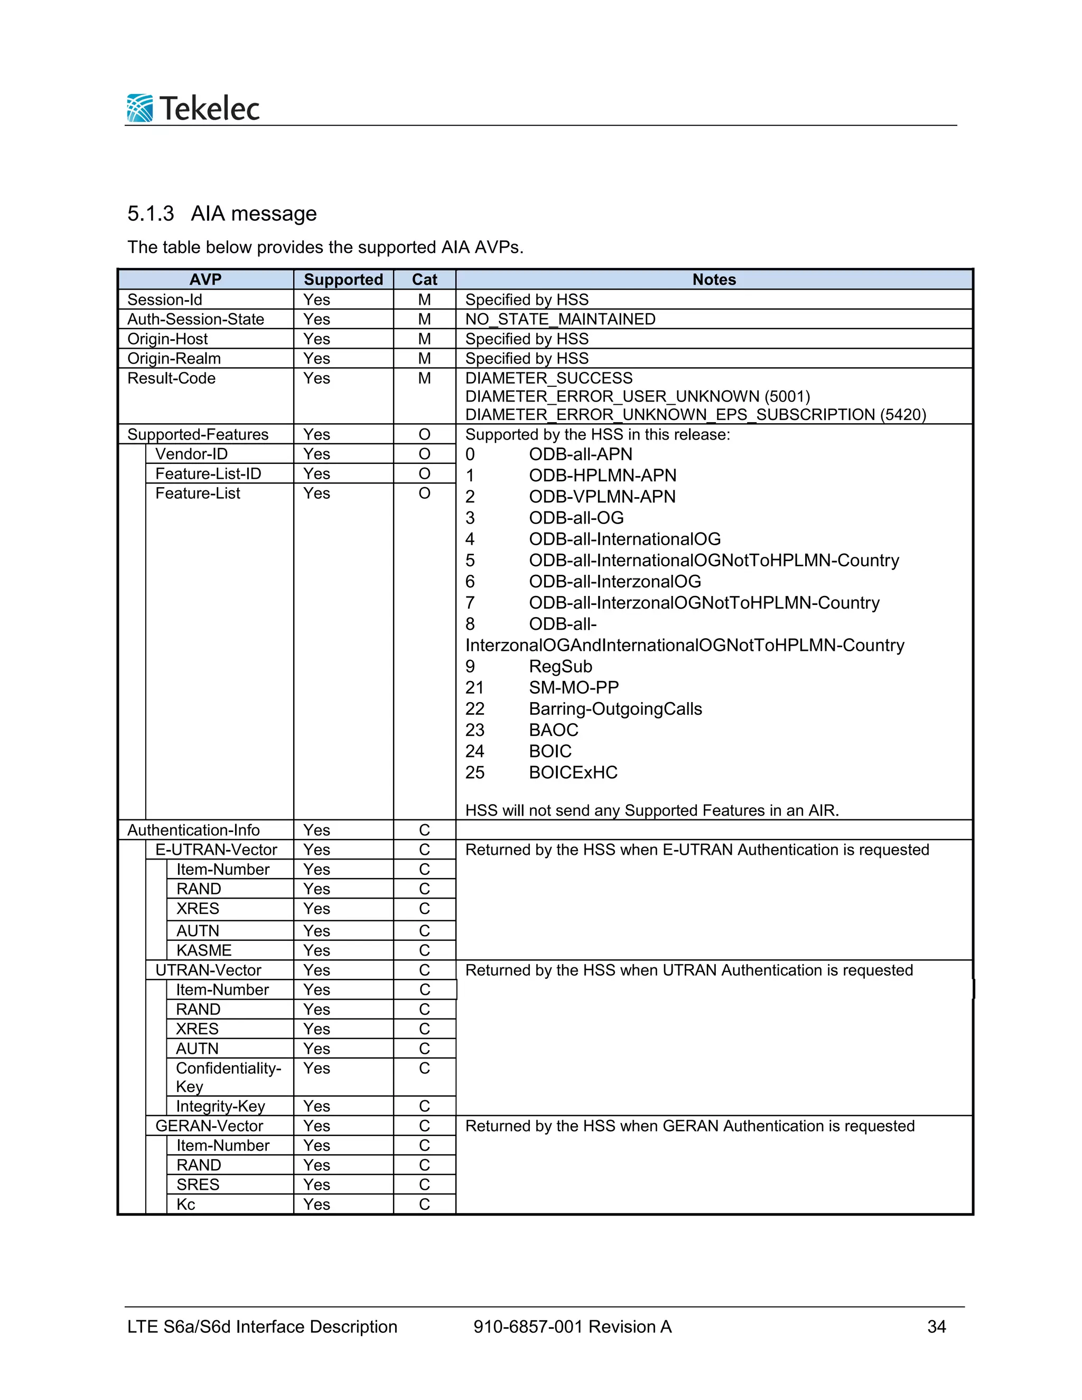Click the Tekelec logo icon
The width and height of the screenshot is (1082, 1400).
pyautogui.click(x=139, y=108)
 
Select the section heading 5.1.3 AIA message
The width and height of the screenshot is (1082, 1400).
pyautogui.click(x=222, y=213)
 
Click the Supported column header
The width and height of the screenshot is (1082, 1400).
pyautogui.click(x=343, y=279)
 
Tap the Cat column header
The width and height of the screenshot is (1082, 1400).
pyautogui.click(x=424, y=279)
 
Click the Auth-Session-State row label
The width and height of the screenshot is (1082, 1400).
pyautogui.click(x=195, y=319)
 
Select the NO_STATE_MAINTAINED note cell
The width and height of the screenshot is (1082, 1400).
pyautogui.click(x=560, y=319)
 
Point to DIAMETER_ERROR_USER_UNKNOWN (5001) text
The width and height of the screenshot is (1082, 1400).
pyautogui.click(x=637, y=396)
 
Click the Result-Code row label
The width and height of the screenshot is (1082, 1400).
pyautogui.click(x=171, y=378)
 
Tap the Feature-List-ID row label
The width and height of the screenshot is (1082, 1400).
pyautogui.click(x=208, y=474)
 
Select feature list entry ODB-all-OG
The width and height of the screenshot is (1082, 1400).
pyautogui.click(x=576, y=518)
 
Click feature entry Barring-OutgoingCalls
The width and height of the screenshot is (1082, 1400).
pyautogui.click(x=615, y=709)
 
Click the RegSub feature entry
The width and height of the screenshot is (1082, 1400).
pyautogui.click(x=559, y=667)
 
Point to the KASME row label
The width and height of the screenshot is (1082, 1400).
pyautogui.click(x=204, y=950)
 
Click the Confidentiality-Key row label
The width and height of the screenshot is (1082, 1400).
pyautogui.click(x=228, y=1077)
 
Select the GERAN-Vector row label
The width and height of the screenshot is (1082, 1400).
pyautogui.click(x=209, y=1126)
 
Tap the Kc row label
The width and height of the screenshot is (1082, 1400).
pyautogui.click(x=186, y=1204)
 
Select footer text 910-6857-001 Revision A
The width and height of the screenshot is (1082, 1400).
pyautogui.click(x=572, y=1327)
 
